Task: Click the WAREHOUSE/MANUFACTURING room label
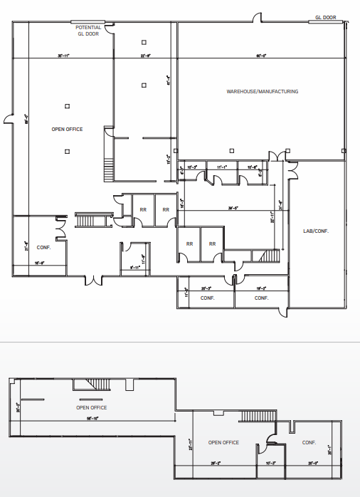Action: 262,92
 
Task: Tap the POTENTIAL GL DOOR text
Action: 89,30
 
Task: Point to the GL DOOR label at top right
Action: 325,18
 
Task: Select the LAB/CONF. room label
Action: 315,231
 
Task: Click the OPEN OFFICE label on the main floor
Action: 67,130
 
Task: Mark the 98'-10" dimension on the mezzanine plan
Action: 91,419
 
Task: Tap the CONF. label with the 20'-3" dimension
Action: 207,298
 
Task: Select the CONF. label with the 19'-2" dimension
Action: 260,298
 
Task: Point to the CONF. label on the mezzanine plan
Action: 309,442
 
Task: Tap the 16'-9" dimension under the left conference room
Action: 40,263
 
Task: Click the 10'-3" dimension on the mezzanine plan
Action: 270,463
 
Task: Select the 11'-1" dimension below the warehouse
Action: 221,167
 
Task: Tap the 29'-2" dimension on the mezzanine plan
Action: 216,463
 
